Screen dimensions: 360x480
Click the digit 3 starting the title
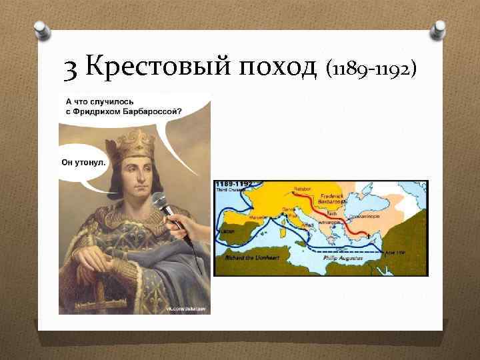[71, 67]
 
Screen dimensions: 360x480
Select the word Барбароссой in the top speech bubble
[149, 111]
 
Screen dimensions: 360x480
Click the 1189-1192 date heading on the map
[233, 183]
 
